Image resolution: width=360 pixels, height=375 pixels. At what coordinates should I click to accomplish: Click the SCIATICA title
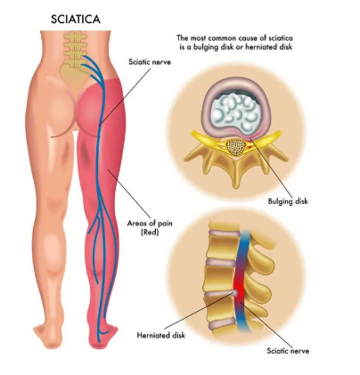76,20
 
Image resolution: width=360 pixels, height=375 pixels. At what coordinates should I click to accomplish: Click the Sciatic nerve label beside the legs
150,62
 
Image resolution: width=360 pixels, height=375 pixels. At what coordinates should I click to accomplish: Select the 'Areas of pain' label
150,223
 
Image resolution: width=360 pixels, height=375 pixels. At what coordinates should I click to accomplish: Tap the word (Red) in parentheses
150,232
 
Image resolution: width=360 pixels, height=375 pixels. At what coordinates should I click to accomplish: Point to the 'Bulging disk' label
288,201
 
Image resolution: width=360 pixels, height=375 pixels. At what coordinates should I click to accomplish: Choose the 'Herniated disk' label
160,336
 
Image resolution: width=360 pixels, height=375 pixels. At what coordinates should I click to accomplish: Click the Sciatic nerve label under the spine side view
288,351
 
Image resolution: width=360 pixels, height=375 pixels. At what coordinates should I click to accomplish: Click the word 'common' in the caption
220,38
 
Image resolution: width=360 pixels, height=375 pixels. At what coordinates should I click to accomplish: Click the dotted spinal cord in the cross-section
236,147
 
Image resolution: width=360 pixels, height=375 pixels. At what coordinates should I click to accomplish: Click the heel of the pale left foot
51,341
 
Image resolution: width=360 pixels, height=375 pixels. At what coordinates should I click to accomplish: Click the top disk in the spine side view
224,233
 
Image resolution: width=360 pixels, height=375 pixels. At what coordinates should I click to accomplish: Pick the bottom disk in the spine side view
223,325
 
